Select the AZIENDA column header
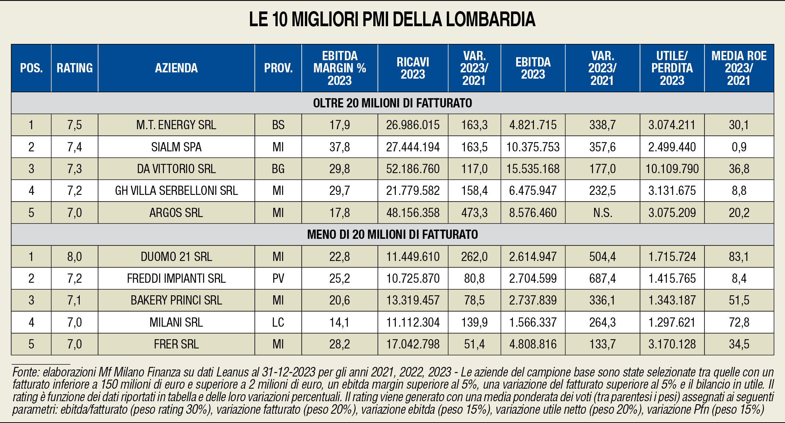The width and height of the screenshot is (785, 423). coord(176,68)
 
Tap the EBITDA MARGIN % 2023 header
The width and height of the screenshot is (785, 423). coord(339,68)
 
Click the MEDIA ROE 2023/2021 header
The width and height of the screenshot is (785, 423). coord(739,68)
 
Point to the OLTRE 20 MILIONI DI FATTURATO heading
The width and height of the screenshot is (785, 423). coord(392,103)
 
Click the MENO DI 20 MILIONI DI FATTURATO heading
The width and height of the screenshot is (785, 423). coord(392,234)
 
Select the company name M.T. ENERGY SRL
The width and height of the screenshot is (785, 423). coord(176,125)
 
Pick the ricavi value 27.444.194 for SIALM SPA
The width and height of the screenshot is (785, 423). coord(413,147)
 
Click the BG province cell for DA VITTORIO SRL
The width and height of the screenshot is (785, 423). coord(278,169)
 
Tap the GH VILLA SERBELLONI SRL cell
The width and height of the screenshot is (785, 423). coord(176,190)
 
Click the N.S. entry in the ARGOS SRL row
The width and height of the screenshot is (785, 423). coord(602,213)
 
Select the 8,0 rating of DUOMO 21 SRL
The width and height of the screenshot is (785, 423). coord(74,257)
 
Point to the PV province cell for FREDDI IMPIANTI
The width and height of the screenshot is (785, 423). coord(278,278)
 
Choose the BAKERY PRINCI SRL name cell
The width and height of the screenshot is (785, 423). coord(176,300)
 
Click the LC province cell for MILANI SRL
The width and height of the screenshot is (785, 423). coord(278,322)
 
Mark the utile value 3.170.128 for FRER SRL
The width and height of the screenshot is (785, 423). coord(672,344)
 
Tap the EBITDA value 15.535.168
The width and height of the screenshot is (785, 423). coord(533,169)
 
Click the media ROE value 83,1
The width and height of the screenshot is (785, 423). coord(739,257)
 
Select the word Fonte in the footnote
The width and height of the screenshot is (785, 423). coord(26,372)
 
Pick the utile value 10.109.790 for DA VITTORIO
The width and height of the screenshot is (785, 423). coord(672,169)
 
